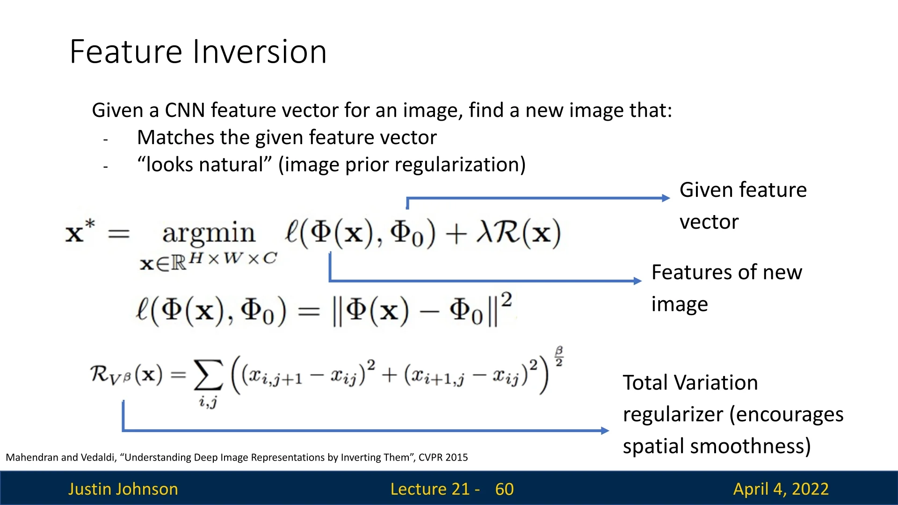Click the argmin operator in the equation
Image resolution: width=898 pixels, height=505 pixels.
[209, 233]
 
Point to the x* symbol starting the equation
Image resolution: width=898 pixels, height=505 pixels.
[80, 231]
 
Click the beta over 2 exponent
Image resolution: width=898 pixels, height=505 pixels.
[559, 356]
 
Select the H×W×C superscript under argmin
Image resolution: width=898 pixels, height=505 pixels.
[233, 259]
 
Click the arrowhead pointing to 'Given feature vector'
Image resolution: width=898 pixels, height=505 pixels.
[666, 198]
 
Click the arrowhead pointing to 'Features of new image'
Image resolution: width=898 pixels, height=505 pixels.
[638, 281]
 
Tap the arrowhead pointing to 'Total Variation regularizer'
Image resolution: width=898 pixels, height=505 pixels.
[605, 431]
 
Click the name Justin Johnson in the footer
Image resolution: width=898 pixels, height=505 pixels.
[123, 489]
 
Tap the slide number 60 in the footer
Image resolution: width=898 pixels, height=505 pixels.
[504, 489]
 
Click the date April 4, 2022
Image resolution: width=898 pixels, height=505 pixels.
[781, 489]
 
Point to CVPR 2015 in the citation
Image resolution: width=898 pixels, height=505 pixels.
[443, 457]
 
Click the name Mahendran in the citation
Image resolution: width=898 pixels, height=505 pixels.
[32, 457]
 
